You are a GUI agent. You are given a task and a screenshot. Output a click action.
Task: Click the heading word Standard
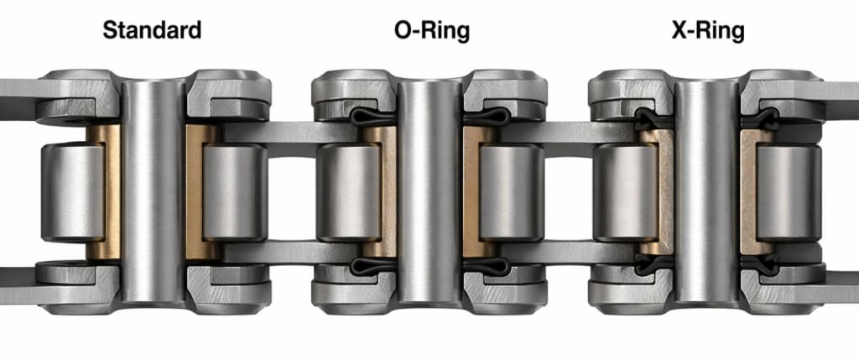pyautogui.click(x=152, y=30)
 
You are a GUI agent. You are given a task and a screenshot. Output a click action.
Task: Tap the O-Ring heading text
pyautogui.click(x=432, y=31)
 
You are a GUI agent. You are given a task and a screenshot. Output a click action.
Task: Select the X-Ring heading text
pyautogui.click(x=708, y=31)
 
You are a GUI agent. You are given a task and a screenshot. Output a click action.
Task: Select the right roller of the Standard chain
pyautogui.click(x=235, y=192)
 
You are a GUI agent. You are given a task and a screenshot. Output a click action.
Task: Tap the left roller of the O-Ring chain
pyautogui.click(x=348, y=192)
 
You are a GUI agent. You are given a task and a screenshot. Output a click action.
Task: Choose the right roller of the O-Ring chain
pyautogui.click(x=511, y=192)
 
